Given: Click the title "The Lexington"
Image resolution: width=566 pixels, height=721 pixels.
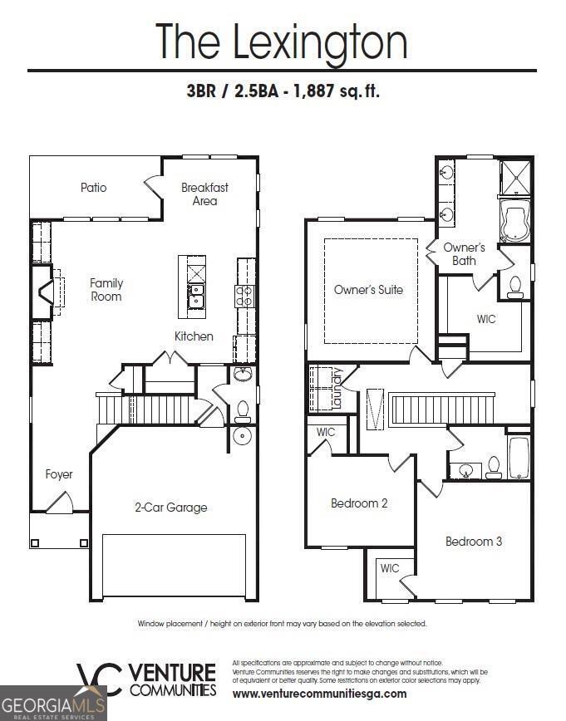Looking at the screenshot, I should [x=282, y=42].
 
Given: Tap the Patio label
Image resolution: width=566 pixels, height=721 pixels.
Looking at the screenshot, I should [x=94, y=188].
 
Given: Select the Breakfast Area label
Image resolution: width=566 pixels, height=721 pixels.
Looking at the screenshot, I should [x=204, y=194].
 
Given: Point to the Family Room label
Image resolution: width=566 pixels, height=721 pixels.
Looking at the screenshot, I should [x=106, y=290].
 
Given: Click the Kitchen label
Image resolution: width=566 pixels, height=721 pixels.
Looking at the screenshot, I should [x=194, y=336].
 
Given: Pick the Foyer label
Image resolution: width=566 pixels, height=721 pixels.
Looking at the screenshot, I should [x=59, y=474].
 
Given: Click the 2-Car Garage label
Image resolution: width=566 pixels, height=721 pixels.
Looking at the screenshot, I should [x=171, y=507].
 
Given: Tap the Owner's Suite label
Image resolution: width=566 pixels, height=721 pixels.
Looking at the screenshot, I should [x=368, y=290].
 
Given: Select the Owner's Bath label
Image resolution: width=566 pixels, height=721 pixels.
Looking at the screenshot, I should [x=464, y=254].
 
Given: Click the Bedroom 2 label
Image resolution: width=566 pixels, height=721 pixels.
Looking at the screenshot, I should [x=359, y=503].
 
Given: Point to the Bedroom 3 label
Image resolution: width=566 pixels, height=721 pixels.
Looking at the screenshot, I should [x=474, y=542].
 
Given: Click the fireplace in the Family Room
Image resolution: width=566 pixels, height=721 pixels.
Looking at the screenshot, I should [x=43, y=292].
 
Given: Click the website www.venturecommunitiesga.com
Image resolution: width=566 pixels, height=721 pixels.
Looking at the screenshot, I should [x=319, y=694].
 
